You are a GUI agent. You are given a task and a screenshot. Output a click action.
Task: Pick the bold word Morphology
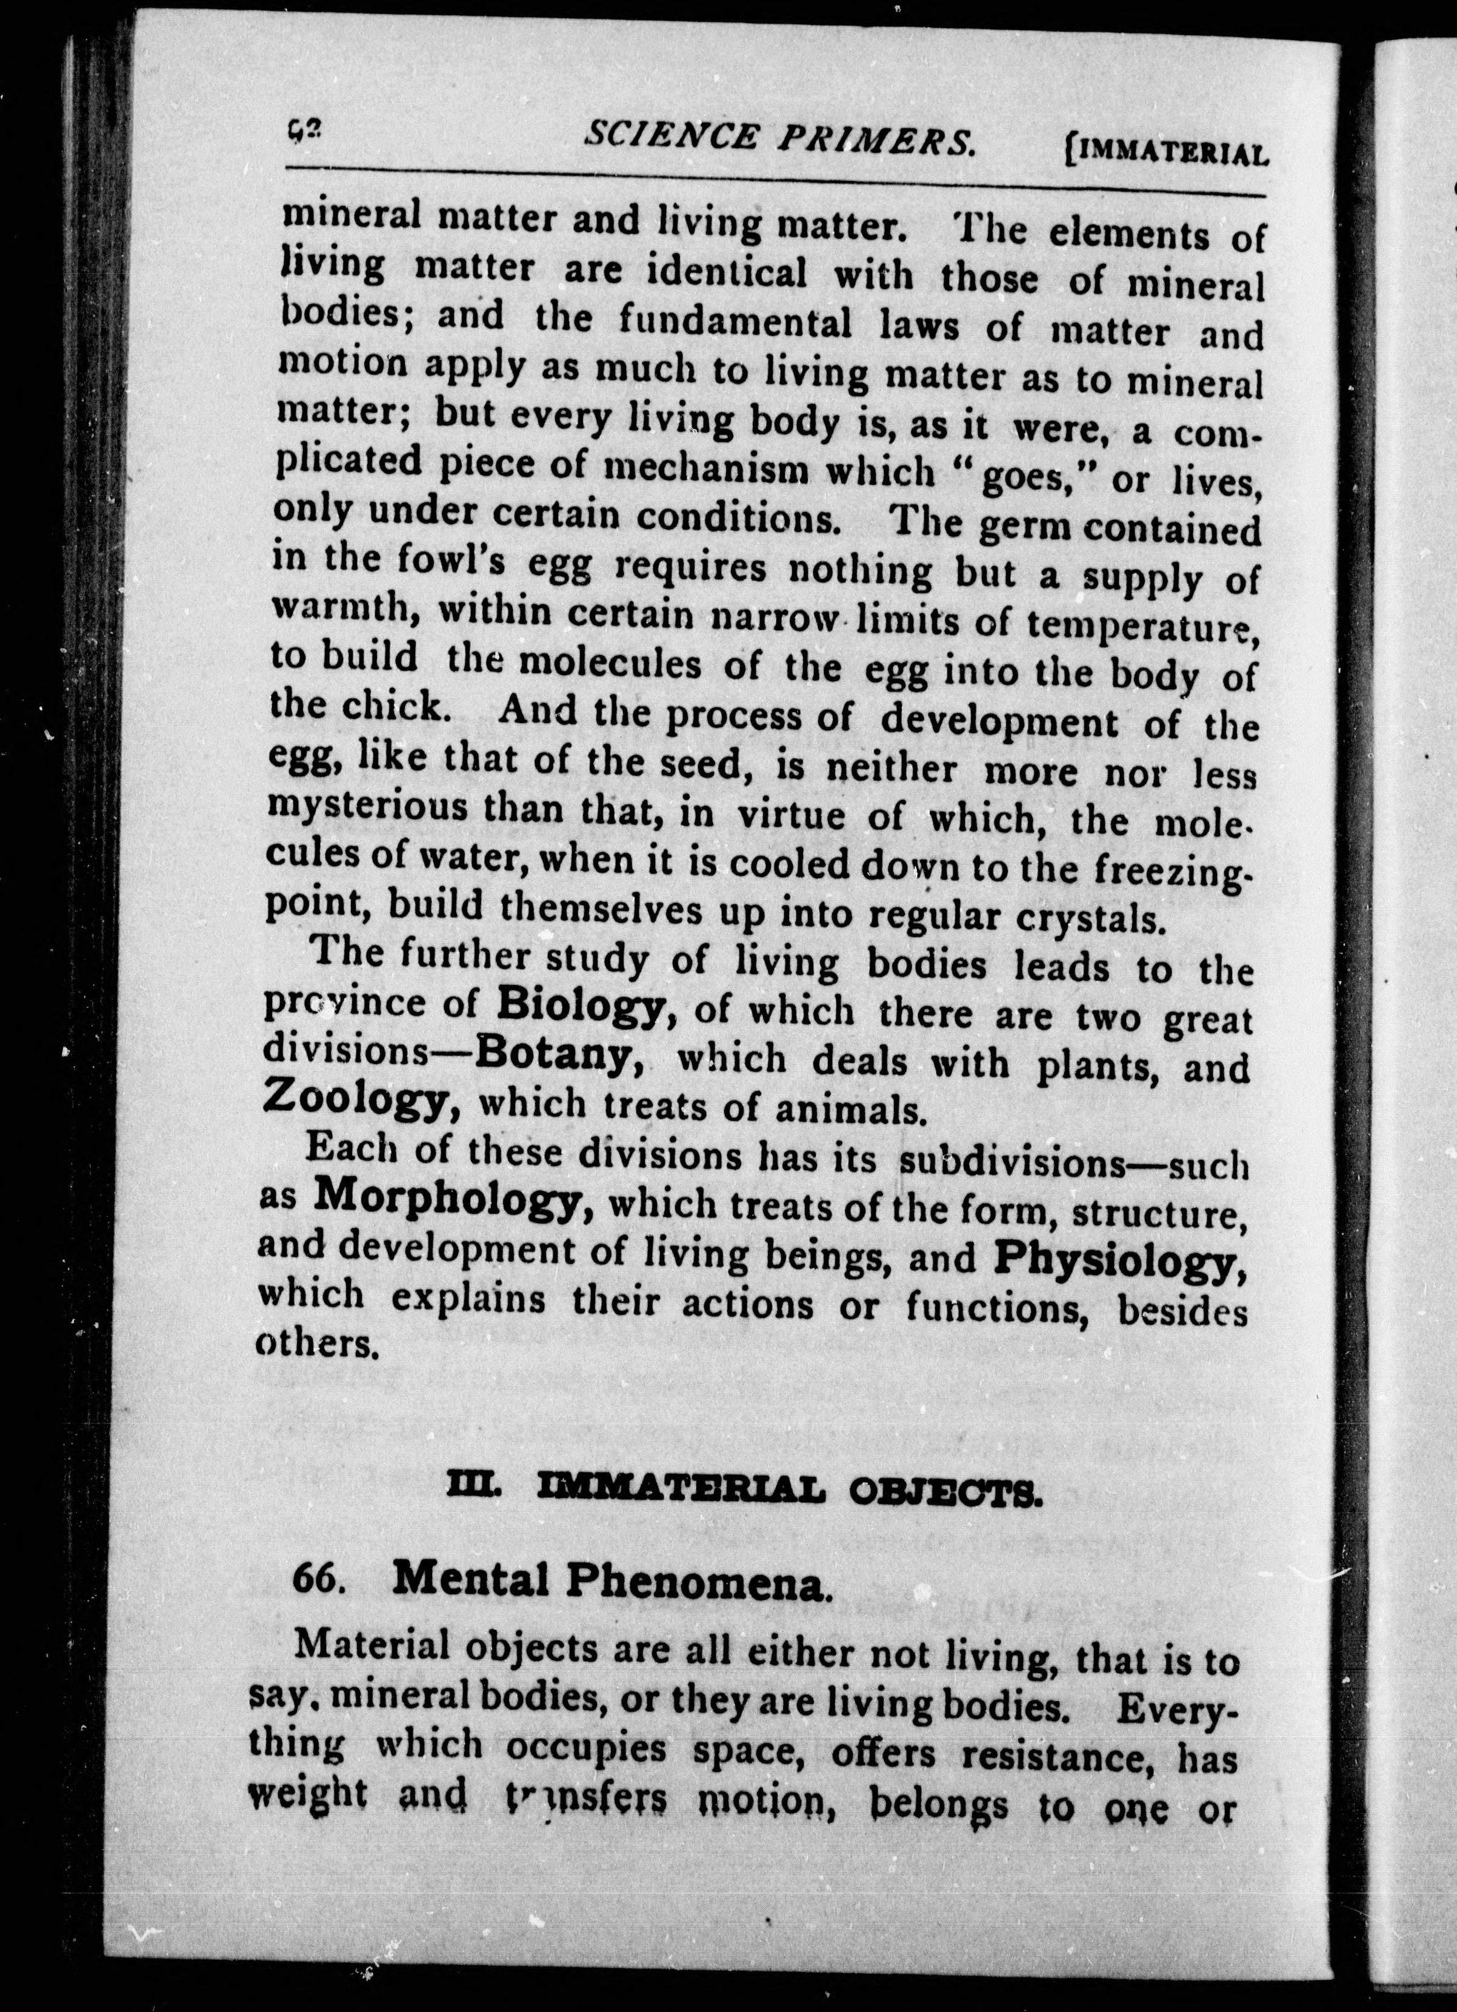coord(453,1199)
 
